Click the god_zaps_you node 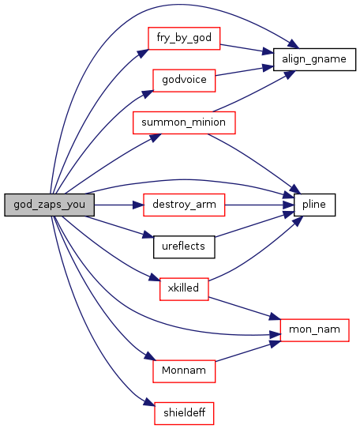[50, 205]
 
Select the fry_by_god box [184, 38]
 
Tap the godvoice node [184, 81]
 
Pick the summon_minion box [184, 122]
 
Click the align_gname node [314, 59]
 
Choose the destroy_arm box [184, 205]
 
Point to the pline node [314, 205]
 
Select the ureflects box [184, 246]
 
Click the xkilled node [184, 289]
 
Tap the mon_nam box [314, 330]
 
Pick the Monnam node [184, 371]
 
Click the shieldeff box [184, 413]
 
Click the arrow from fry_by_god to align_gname [246, 48]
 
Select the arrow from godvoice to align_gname [245, 71]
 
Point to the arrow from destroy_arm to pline [260, 205]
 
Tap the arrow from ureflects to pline [254, 224]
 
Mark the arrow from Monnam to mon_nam [248, 352]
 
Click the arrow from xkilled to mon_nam [245, 308]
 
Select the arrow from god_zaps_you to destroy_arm [119, 205]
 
